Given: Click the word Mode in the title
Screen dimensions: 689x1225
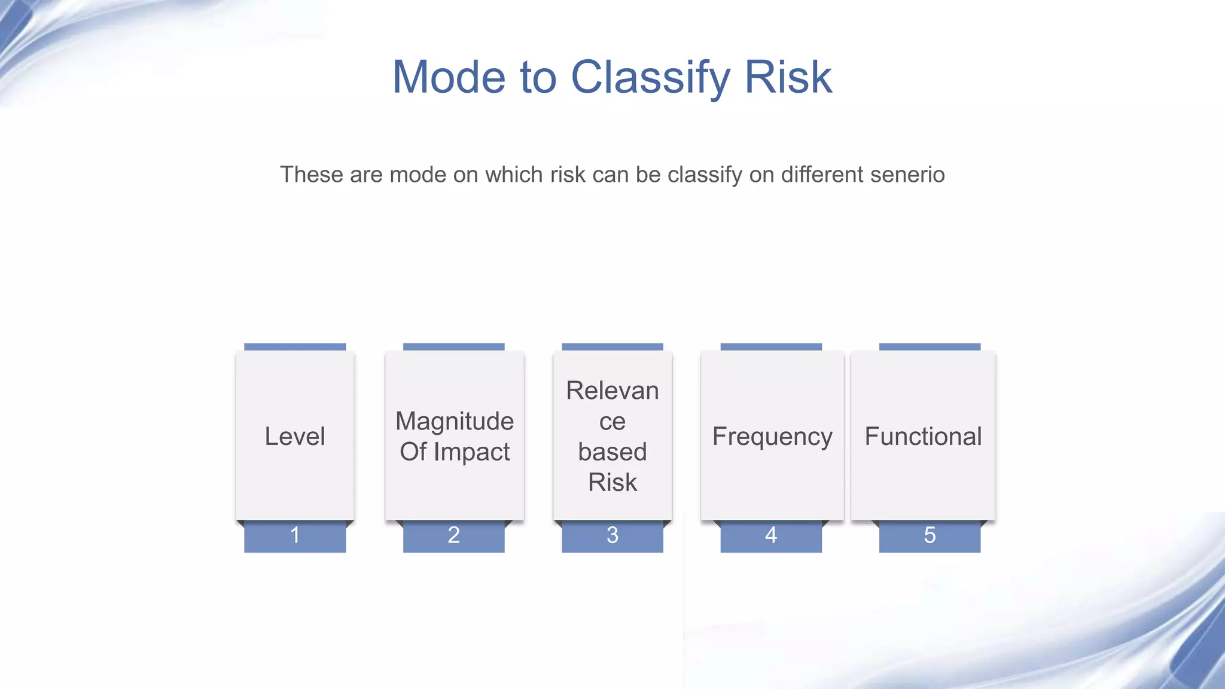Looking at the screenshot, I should pos(449,78).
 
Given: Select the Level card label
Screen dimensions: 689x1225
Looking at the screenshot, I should pos(295,437).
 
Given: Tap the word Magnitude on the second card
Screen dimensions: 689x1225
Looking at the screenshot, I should pos(455,421).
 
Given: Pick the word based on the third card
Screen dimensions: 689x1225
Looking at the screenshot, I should pos(612,452).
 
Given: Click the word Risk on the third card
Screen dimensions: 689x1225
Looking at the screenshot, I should pos(612,482).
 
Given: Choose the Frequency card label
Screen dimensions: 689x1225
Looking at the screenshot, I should pos(772,437).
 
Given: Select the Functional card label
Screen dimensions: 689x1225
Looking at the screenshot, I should pos(923,437).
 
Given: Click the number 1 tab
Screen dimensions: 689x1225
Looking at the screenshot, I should pos(295,535).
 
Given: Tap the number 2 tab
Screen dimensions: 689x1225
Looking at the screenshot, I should pos(454,535).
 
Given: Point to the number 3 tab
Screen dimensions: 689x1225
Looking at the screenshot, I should pos(612,535).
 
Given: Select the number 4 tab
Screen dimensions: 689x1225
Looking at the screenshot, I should pos(771,535).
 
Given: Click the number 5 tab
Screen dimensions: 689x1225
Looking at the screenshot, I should pos(930,535).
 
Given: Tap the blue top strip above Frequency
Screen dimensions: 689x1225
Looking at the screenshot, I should pos(771,347).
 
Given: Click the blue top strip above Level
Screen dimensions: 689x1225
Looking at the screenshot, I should pos(295,347).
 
